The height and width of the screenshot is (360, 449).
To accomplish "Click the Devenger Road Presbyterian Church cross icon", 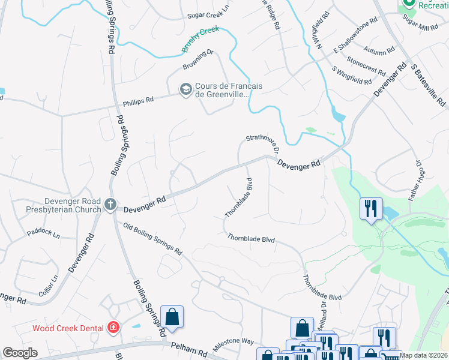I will [110, 205].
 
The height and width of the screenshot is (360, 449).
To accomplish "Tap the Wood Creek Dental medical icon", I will [113, 328].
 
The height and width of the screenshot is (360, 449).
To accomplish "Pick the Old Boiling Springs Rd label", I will [152, 239].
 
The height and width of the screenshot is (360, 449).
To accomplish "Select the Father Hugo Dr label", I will [417, 180].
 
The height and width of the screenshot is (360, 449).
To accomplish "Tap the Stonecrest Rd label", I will [366, 67].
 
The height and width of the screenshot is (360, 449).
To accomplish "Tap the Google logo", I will [20, 353].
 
